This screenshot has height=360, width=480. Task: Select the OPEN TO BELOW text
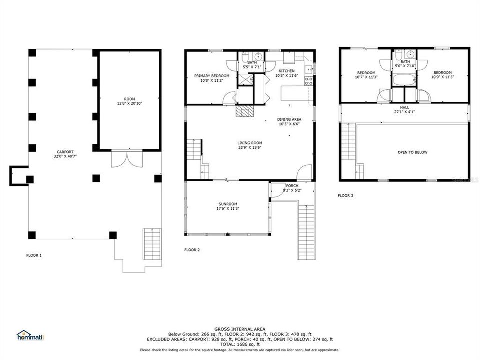pyautogui.click(x=412, y=152)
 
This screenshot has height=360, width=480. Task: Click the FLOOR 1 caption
pyautogui.click(x=34, y=255)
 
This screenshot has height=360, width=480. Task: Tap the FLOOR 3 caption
pyautogui.click(x=345, y=196)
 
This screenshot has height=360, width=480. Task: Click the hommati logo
pyautogui.click(x=30, y=335)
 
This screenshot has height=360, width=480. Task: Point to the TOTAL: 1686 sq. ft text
pyautogui.click(x=239, y=345)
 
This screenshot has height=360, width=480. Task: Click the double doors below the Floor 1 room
pyautogui.click(x=122, y=159)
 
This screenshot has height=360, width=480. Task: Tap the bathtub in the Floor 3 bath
pyautogui.click(x=404, y=80)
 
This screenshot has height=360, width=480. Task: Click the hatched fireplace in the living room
pyautogui.click(x=245, y=111)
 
